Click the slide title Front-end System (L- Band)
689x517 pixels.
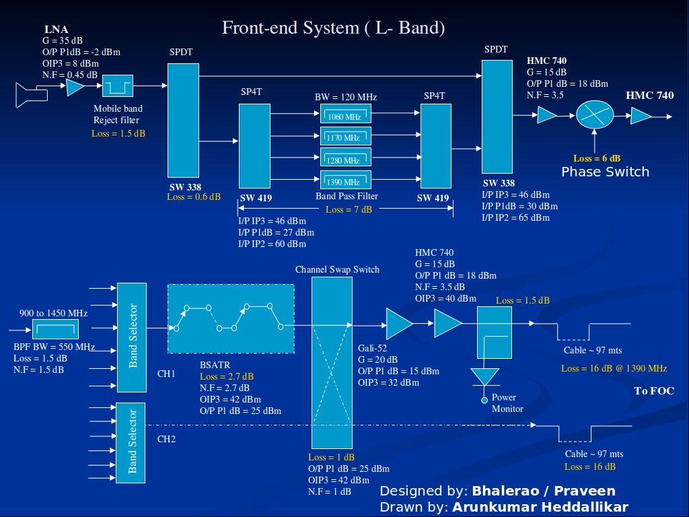point(334,28)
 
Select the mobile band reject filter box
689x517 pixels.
point(118,86)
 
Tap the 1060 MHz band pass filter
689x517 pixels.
point(346,115)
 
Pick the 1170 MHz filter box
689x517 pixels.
point(346,137)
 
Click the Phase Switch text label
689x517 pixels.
point(606,172)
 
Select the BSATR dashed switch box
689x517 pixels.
point(231,318)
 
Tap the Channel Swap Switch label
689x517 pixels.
point(337,269)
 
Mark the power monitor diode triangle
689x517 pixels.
point(484,378)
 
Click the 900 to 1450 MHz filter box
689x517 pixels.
point(56,330)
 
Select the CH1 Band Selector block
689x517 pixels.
point(132,337)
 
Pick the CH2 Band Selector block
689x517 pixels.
point(132,442)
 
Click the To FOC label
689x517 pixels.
point(654,391)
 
